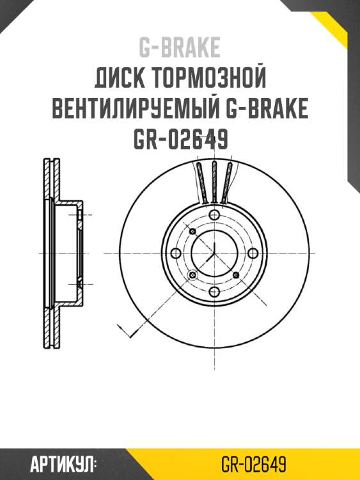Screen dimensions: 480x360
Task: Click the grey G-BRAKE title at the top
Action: (180, 47)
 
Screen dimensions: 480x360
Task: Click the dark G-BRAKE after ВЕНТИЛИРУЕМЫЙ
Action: (268, 110)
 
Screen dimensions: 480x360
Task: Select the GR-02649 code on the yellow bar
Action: (253, 463)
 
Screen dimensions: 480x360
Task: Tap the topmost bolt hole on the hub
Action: (214, 215)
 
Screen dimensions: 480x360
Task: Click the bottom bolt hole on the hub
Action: (214, 292)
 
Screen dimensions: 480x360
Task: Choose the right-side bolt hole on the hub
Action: (253, 253)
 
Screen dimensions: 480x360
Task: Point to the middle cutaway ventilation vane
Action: (214, 182)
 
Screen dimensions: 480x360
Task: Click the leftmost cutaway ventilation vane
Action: (200, 184)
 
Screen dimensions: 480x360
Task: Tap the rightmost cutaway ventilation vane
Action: (228, 184)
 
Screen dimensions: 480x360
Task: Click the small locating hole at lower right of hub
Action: (236, 275)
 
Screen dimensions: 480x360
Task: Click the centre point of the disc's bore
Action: (214, 253)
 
